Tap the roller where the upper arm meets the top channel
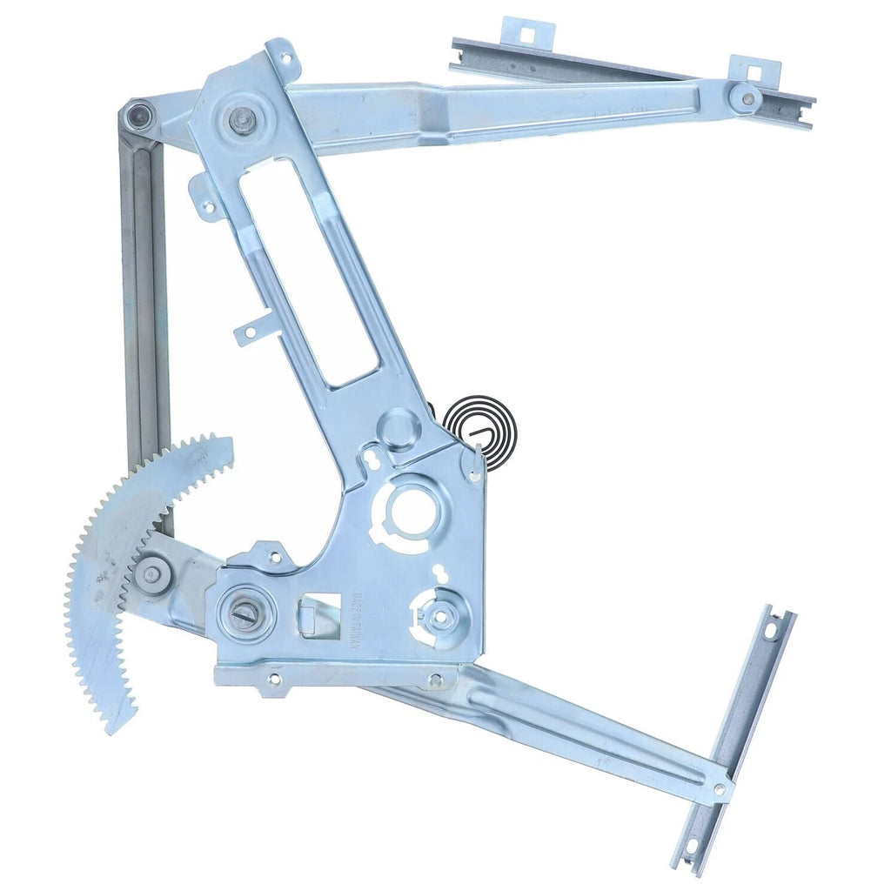pyautogui.click(x=744, y=97)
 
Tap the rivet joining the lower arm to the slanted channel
pyautogui.click(x=720, y=788)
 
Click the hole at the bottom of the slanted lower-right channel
pyautogui.click(x=691, y=843)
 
